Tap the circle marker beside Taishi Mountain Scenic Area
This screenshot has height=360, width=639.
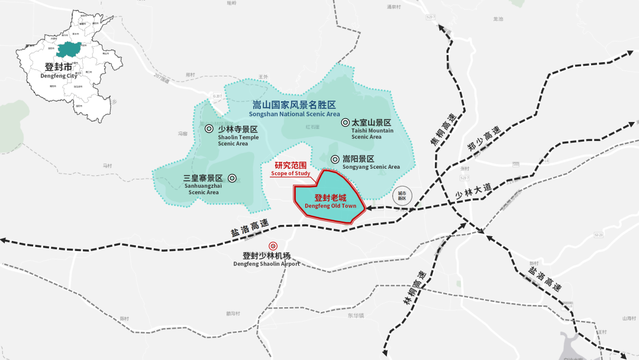pos(345,123)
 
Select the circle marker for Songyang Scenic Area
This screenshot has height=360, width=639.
pos(335,159)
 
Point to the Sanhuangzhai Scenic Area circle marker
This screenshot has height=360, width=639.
pos(232,178)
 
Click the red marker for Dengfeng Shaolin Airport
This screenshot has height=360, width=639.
pos(273,246)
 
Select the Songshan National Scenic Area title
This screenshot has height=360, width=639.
pos(294,109)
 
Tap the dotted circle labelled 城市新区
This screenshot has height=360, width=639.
pos(402,195)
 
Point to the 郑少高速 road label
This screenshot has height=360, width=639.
pos(483,140)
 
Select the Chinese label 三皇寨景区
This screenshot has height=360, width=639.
pos(203,178)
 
